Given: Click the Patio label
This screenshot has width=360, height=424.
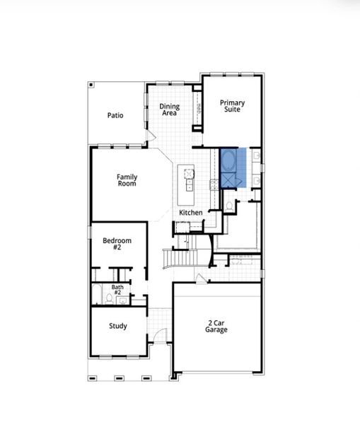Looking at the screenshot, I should [x=116, y=115].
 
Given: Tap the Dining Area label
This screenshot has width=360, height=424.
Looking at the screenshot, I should [x=170, y=110].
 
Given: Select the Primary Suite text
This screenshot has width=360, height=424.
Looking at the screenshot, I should [x=231, y=107].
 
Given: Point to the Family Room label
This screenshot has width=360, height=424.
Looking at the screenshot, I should [x=127, y=180].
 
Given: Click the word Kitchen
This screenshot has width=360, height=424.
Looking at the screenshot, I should [x=191, y=213].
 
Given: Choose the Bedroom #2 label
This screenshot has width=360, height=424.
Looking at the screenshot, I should [x=117, y=244].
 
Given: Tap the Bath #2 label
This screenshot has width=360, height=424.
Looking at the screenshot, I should [x=117, y=290].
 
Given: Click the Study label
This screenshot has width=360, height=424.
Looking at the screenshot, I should [x=117, y=326].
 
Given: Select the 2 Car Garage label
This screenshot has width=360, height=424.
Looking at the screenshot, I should [x=216, y=326].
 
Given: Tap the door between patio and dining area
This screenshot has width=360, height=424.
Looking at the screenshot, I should [x=151, y=134].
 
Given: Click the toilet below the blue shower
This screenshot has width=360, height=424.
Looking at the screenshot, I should [x=230, y=206].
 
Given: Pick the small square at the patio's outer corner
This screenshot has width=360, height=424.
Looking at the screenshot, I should [x=91, y=86].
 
